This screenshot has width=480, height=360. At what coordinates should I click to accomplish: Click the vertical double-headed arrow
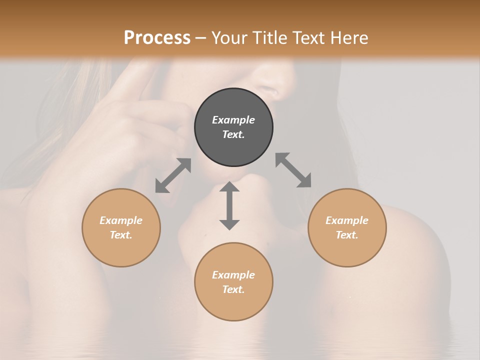pyautogui.click(x=229, y=205)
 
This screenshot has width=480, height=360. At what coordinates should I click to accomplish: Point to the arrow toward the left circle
pyautogui.click(x=173, y=175)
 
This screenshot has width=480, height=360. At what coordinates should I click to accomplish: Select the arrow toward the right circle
pyautogui.click(x=293, y=170)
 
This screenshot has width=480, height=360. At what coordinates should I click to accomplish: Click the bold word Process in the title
pyautogui.click(x=157, y=37)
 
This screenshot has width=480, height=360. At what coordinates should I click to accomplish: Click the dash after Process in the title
pyautogui.click(x=201, y=37)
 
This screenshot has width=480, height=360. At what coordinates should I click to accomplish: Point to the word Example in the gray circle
pyautogui.click(x=233, y=120)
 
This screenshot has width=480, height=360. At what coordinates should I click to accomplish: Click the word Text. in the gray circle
pyautogui.click(x=233, y=134)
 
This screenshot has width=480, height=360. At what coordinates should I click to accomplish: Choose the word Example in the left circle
pyautogui.click(x=121, y=220)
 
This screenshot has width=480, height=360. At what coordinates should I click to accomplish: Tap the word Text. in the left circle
pyautogui.click(x=121, y=235)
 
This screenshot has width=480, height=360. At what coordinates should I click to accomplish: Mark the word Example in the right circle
pyautogui.click(x=347, y=220)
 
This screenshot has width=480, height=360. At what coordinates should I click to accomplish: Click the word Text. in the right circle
pyautogui.click(x=347, y=235)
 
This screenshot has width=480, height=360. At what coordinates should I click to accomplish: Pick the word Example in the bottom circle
pyautogui.click(x=233, y=275)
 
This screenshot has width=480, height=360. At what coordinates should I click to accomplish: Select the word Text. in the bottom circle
pyautogui.click(x=233, y=289)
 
